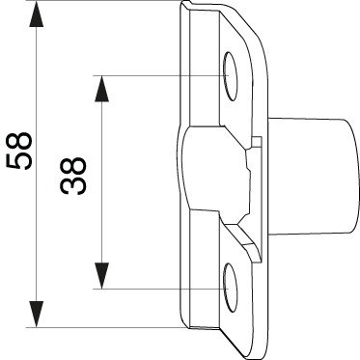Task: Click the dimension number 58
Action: pos(19,151)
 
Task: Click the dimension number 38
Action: pos(73,176)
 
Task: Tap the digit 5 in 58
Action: pos(19,160)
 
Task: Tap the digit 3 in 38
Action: pos(73,186)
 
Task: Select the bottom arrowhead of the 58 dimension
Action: pos(36,314)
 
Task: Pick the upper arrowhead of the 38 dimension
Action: pos(101,89)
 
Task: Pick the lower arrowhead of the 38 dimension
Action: pos(101,276)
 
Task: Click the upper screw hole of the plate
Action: pos(231,76)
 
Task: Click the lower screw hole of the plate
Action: pos(231,288)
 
